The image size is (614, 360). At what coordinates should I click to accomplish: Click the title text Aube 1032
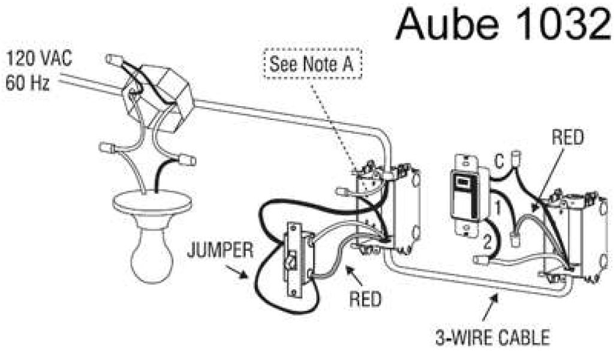[x=502, y=25]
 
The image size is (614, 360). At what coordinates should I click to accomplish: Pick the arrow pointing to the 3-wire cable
[x=495, y=295]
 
